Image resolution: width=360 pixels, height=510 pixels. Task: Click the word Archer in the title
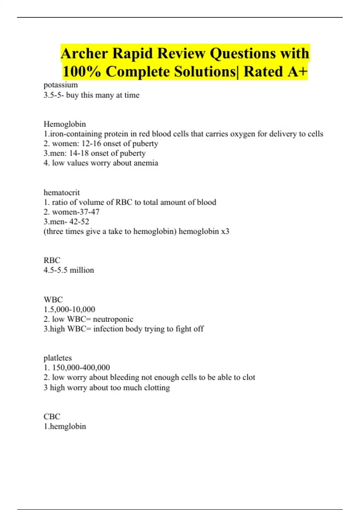coord(84,54)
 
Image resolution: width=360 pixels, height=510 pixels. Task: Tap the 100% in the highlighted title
coord(82,72)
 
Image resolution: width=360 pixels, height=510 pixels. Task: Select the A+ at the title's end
coord(297,72)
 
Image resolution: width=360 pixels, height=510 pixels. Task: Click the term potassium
coord(61,85)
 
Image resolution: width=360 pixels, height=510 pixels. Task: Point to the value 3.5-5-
coord(54,95)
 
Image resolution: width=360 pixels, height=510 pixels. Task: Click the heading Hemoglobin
coord(64,124)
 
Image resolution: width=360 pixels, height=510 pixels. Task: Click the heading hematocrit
coord(61,192)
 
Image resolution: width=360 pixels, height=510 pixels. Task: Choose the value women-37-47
coord(76,212)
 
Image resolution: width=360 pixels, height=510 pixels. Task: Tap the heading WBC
coord(53,299)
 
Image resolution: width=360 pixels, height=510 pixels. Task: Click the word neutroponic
coord(113,319)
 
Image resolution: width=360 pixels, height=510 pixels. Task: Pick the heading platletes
coord(58,358)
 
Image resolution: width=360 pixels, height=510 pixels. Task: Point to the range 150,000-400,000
coord(81,367)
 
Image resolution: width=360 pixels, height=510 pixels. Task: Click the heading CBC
coord(52,416)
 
